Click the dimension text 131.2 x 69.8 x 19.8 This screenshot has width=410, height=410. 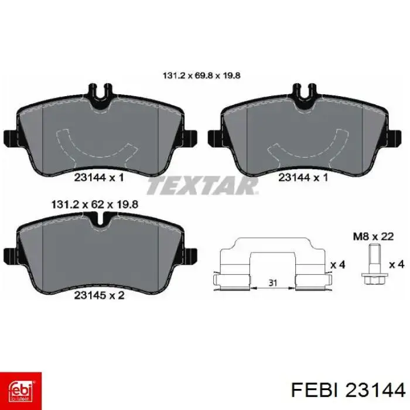coord(201,76)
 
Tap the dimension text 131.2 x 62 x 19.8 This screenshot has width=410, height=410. coord(95,204)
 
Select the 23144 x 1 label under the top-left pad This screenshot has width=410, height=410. coord(99,178)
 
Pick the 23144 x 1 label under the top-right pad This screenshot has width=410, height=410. coord(303,178)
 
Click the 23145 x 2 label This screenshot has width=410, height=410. coord(99,295)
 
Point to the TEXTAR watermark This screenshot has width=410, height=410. coord(203,186)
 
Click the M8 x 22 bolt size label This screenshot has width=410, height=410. coord(374,237)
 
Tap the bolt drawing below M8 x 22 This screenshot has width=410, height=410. coord(374,264)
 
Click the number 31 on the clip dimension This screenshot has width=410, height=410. coord(273,283)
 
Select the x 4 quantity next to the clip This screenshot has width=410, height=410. coord(338,265)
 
